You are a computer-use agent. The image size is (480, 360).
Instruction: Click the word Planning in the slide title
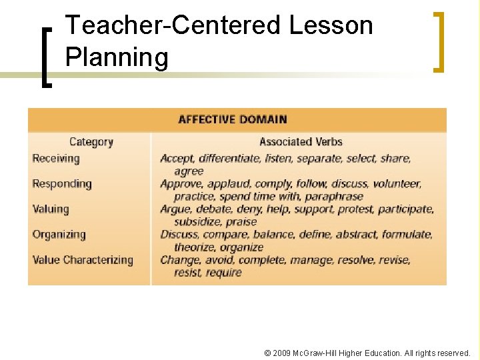(117, 58)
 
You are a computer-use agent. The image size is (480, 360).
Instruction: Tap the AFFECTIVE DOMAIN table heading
(233, 120)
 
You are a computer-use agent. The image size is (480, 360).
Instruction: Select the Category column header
(91, 142)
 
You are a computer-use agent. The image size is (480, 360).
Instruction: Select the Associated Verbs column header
(301, 142)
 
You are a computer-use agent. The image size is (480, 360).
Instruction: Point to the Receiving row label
(56, 159)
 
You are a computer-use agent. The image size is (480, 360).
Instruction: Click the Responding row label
(62, 184)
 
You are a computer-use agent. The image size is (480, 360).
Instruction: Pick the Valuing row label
(51, 209)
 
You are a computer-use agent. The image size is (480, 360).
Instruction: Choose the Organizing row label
(59, 235)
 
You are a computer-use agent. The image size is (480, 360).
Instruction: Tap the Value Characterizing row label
(83, 260)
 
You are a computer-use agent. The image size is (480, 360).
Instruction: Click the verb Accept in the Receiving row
(177, 159)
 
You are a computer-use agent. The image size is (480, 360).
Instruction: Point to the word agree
(189, 171)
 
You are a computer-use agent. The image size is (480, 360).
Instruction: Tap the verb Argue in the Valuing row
(175, 209)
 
